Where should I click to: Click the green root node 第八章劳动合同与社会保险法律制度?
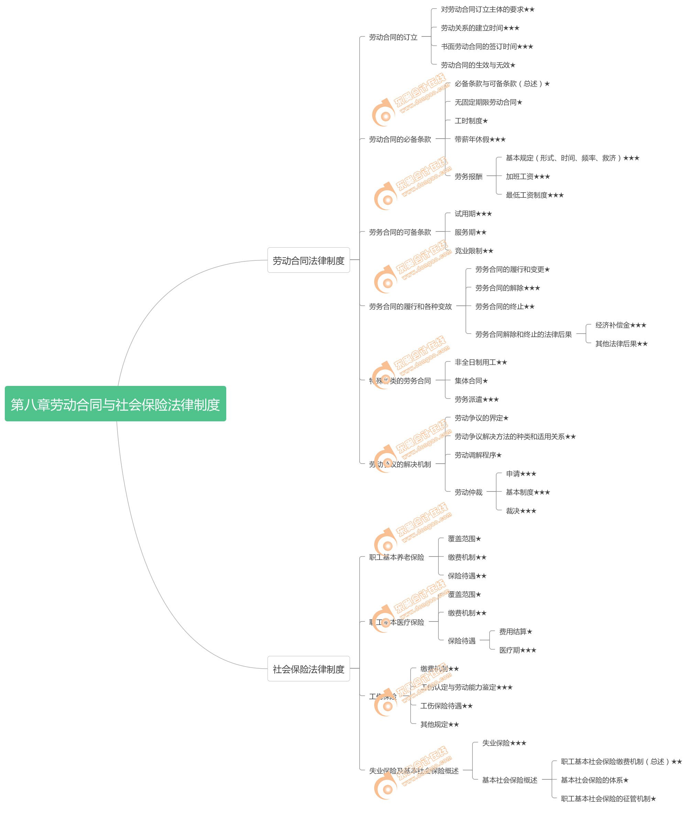pos(115,404)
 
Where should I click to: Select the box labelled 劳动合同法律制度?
pos(308,260)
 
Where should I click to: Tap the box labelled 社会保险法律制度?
pos(308,669)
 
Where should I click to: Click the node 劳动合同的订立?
pos(393,37)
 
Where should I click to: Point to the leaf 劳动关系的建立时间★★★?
pos(480,28)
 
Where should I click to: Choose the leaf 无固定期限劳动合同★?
pos(488,102)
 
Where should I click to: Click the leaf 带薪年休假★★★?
pos(480,139)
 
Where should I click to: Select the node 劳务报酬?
pos(468,176)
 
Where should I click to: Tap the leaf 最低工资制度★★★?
pos(534,195)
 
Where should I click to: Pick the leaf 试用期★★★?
pos(473,214)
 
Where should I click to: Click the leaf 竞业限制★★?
pos(474,251)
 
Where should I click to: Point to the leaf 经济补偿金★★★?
pos(620,325)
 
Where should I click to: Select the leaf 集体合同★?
pos(471,380)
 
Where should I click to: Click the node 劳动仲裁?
pos(468,492)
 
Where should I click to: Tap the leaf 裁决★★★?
pos(521,510)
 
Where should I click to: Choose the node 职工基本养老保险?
pos(396,557)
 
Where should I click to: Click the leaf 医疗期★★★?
pos(517,650)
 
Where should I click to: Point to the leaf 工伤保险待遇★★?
pos(446,706)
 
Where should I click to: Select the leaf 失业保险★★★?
pos(504,743)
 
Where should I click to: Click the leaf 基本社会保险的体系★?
pos(594,780)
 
